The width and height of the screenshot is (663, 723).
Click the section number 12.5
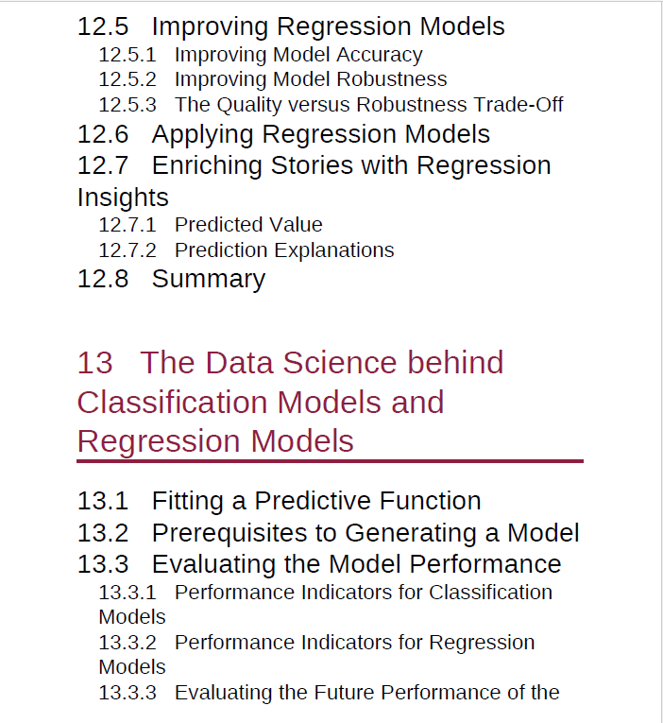103,26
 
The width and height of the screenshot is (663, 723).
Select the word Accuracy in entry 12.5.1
380,55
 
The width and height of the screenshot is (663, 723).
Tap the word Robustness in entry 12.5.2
392,78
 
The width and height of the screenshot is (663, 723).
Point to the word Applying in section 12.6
203,135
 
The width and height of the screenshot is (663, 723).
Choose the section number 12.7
103,165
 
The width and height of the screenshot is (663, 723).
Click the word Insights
123,198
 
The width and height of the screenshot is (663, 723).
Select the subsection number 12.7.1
127,225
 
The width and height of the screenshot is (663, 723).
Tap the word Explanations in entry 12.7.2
334,250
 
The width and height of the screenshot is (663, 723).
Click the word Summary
209,280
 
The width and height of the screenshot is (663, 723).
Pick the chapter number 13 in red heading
94,362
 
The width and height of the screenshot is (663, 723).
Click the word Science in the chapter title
340,362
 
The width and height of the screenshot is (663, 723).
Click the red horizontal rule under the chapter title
330,460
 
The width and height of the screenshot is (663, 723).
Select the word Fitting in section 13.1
188,502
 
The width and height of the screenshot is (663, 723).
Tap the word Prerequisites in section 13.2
230,533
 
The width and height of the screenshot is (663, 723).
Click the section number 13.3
103,564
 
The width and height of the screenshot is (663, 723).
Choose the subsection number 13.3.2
127,643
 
